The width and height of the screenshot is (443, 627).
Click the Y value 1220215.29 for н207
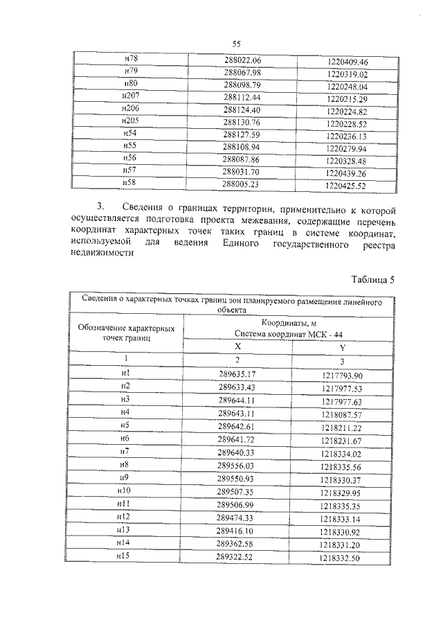point(347,99)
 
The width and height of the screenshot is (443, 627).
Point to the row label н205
point(129,121)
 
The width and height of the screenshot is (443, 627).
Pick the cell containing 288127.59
point(242,134)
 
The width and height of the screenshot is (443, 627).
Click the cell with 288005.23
point(242,184)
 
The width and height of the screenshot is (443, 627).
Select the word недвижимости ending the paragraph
point(102,254)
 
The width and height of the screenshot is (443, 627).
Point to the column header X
point(237,346)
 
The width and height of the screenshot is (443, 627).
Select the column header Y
point(342,347)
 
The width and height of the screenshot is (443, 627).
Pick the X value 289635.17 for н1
point(237,374)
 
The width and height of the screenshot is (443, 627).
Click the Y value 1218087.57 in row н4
point(341,414)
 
